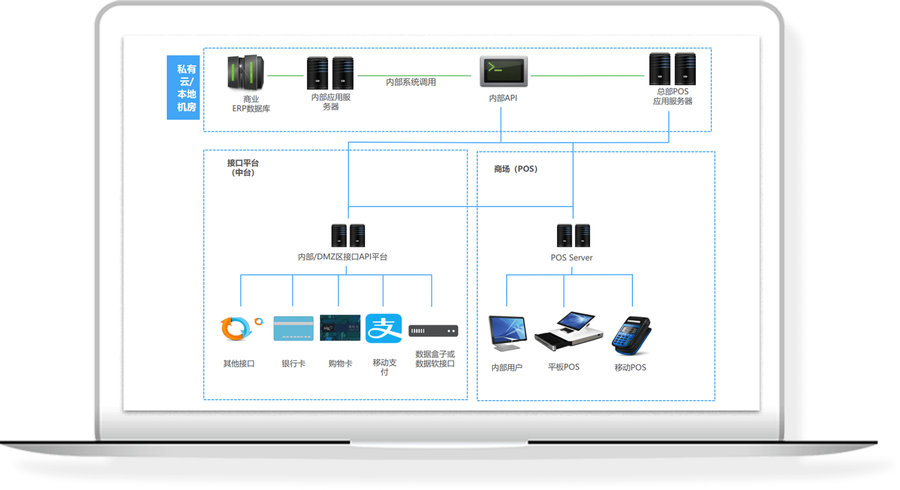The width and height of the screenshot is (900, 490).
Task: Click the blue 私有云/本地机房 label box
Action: click(183, 88)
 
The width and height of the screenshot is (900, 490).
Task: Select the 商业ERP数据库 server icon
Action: click(246, 72)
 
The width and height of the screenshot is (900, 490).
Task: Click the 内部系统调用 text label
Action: click(411, 82)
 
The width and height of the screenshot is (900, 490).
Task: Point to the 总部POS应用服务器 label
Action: click(672, 96)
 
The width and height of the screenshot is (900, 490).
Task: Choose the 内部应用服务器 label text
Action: click(331, 102)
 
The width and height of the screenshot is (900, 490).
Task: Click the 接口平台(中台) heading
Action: click(243, 168)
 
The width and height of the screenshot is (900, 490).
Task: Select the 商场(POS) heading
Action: click(515, 169)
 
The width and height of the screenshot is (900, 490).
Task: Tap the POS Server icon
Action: click(573, 235)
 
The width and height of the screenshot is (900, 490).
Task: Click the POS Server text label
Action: click(571, 258)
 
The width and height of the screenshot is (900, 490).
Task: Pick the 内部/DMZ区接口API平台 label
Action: click(343, 257)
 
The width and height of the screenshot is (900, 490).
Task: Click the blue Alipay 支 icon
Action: click(383, 328)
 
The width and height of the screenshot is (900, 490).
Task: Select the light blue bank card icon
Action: click(293, 328)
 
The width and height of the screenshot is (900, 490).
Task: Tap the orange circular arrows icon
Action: click(238, 328)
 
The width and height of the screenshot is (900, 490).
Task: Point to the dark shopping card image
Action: click(340, 328)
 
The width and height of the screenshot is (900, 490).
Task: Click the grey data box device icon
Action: click(433, 331)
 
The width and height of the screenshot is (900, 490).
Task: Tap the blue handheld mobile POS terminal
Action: click(631, 336)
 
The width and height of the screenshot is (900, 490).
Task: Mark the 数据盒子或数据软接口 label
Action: click(435, 359)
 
